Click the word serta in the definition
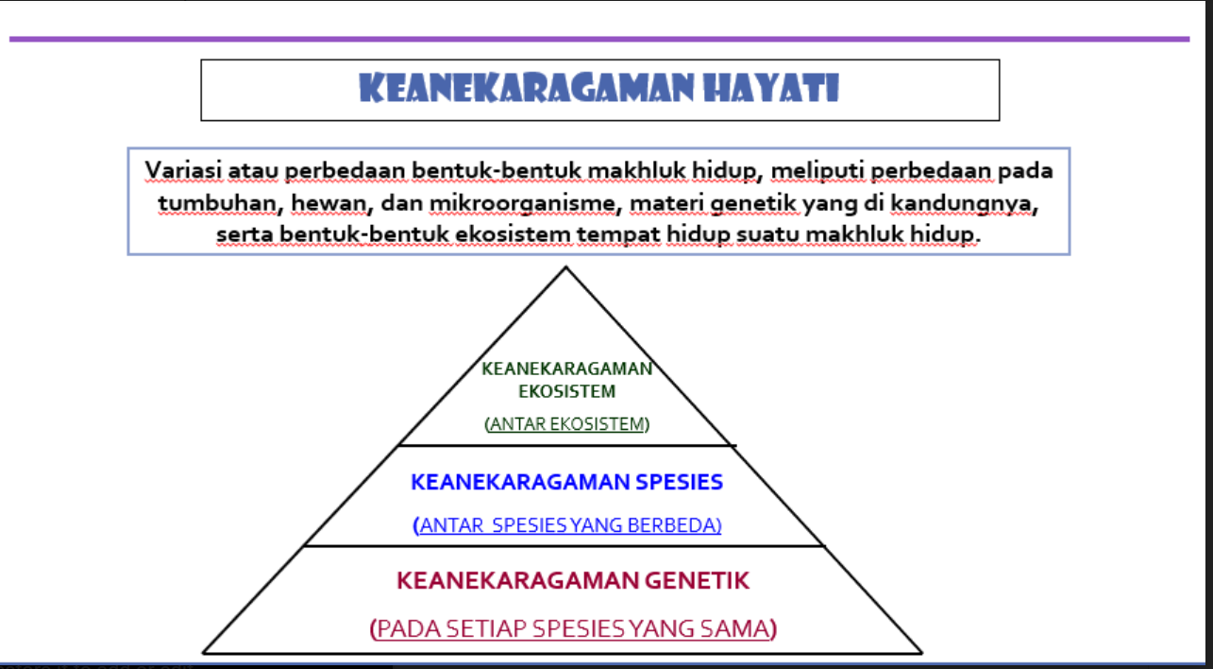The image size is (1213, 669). click(243, 234)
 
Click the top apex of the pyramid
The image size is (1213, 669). click(565, 268)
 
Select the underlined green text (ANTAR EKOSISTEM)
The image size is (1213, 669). click(566, 424)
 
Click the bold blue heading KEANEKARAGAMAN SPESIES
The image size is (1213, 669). click(566, 482)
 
